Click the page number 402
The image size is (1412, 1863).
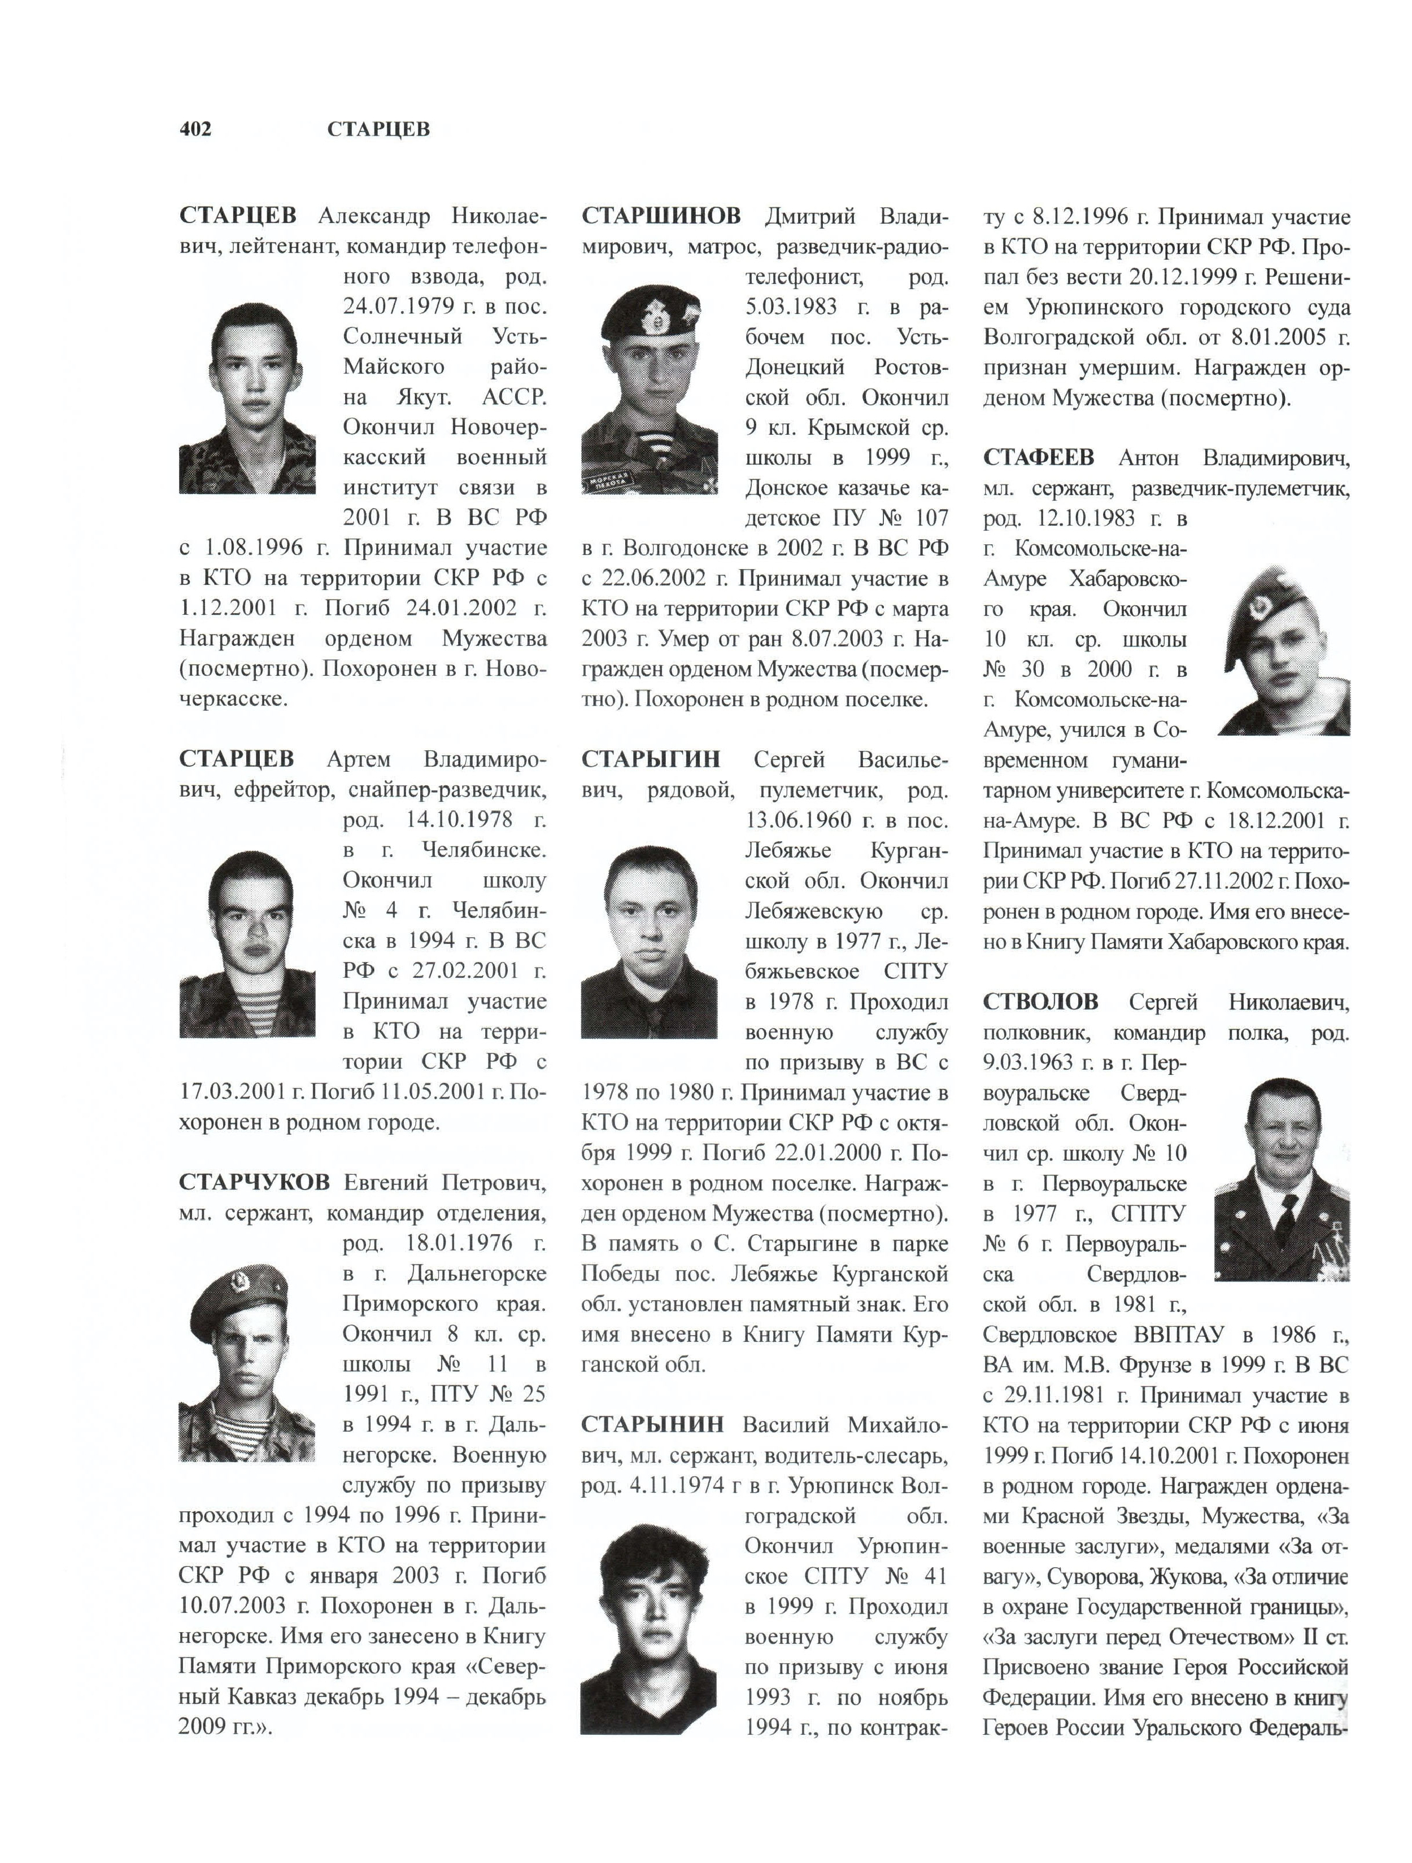pos(195,129)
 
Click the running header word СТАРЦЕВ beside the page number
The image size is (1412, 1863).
pos(378,129)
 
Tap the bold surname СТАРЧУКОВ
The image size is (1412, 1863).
pos(254,1183)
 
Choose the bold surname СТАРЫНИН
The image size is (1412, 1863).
pos(652,1424)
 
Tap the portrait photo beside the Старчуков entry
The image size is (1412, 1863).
pos(247,1368)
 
